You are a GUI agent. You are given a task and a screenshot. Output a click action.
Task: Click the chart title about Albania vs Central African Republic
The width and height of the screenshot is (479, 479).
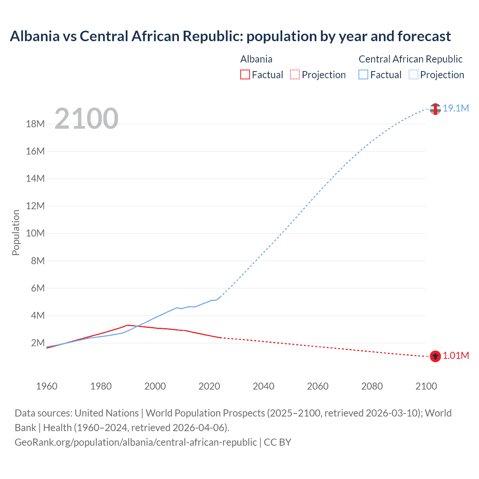click(230, 36)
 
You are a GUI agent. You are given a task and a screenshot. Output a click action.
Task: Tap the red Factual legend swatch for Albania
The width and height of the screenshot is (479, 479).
click(245, 74)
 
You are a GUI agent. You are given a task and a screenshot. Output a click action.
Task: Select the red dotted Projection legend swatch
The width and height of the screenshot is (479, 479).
click(295, 74)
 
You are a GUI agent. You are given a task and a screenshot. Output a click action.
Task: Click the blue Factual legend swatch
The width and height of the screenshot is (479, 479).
click(363, 74)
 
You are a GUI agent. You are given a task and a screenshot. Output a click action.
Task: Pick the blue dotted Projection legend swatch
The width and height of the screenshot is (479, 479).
click(413, 74)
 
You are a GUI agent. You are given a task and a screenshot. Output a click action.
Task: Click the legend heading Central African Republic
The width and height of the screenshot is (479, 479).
click(411, 59)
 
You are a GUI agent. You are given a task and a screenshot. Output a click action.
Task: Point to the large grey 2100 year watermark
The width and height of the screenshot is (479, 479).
click(86, 119)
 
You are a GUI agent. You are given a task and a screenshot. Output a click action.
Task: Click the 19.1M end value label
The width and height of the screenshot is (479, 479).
click(456, 108)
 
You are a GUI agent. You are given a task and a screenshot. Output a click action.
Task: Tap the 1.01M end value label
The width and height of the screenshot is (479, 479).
click(456, 356)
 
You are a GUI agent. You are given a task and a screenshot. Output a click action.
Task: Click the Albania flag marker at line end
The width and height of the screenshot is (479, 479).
click(435, 356)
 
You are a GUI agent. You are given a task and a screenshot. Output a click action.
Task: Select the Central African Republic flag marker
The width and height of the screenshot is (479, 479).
click(435, 109)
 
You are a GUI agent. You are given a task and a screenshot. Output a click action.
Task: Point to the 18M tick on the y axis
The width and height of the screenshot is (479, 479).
click(35, 124)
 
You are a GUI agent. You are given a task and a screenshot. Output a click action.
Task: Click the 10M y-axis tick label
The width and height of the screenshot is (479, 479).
click(35, 234)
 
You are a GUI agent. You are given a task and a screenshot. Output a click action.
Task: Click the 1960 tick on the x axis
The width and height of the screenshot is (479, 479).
click(47, 386)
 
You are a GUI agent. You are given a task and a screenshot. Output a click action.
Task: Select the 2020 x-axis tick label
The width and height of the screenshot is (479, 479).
click(209, 386)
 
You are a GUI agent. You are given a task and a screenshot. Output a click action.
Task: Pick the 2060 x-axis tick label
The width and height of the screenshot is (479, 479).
click(318, 386)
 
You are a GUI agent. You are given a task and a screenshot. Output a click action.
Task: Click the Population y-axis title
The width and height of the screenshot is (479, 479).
click(16, 232)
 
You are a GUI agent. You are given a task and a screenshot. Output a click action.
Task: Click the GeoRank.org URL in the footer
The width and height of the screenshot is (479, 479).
click(136, 442)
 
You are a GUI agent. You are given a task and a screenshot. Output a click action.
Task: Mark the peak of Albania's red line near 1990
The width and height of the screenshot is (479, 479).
click(128, 325)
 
